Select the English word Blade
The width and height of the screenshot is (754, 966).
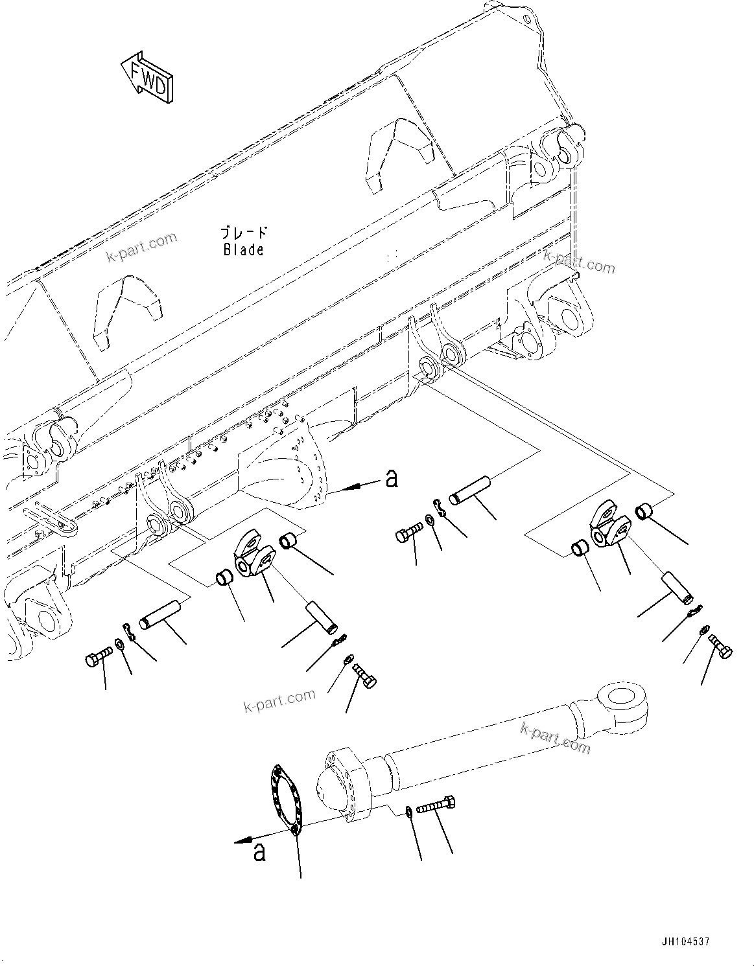[243, 249]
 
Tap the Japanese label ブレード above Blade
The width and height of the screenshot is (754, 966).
[243, 233]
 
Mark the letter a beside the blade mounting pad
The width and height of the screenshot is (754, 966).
[391, 479]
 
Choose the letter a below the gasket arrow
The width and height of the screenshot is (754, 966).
[259, 852]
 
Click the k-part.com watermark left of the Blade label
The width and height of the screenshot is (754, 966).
[141, 248]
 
